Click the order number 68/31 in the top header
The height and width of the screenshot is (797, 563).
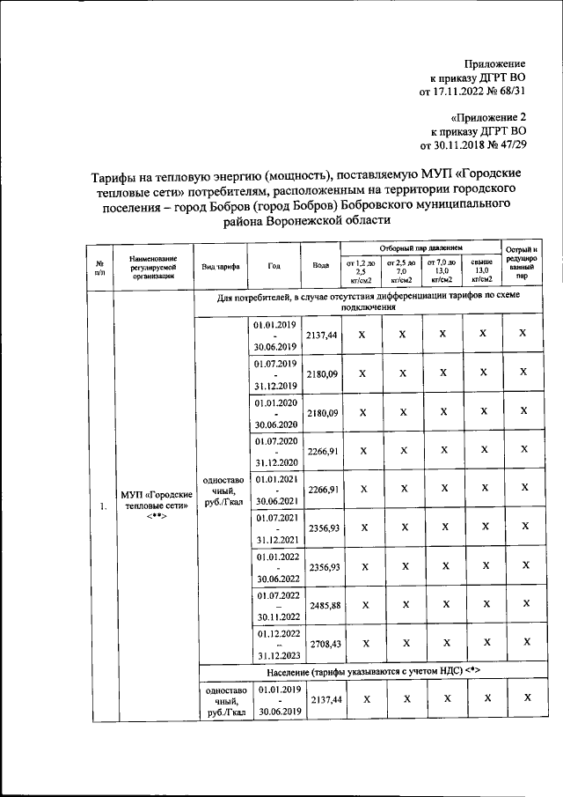click(508, 89)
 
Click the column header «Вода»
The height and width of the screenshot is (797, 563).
click(321, 265)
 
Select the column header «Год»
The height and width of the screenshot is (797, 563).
click(274, 265)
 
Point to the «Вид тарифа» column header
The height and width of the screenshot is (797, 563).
click(220, 265)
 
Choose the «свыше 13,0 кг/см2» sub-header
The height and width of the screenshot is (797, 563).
click(481, 270)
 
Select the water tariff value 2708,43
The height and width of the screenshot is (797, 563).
click(321, 643)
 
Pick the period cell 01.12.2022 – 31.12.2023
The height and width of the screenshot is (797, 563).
click(274, 643)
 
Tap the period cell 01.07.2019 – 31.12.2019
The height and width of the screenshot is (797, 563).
click(274, 374)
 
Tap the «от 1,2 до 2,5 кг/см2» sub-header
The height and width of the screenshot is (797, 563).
click(361, 270)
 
